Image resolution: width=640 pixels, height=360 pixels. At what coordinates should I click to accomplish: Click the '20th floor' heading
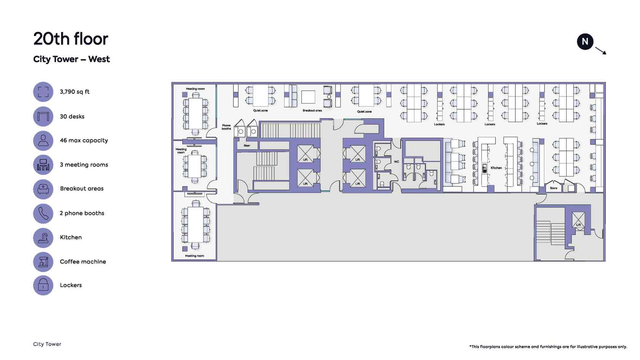pos(70,39)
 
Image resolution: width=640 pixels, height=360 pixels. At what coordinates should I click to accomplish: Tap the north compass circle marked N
pos(585,42)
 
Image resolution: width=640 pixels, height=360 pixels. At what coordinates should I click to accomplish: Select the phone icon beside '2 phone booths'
pos(43,213)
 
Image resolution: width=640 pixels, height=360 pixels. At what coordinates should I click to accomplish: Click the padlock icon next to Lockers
pos(43,285)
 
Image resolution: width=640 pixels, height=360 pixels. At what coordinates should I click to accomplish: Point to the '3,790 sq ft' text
pos(75,92)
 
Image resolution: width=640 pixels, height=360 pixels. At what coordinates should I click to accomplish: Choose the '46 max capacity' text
pos(84,140)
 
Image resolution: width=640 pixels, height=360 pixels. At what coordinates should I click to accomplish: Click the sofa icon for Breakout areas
pos(43,189)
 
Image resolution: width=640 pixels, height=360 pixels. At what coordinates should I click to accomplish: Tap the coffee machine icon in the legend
pos(43,262)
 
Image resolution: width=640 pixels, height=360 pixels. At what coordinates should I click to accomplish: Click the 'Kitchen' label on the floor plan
pos(496,168)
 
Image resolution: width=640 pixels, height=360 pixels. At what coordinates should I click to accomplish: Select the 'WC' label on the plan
pos(396,162)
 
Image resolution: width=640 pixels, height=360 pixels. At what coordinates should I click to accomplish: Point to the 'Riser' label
pos(247,146)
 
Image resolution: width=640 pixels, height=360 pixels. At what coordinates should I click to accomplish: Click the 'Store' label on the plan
pos(554,188)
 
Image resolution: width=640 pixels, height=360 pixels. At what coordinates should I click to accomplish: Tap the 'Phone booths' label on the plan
pos(226,127)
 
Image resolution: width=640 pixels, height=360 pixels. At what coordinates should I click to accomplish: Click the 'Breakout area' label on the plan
pos(312,110)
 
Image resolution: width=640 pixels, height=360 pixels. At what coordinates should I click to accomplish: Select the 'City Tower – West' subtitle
pos(72,59)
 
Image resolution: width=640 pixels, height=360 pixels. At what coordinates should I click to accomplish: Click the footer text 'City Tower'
pos(47,344)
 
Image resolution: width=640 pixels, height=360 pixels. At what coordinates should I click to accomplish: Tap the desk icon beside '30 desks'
pos(43,117)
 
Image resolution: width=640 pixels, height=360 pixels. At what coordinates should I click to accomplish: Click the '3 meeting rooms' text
pos(84,165)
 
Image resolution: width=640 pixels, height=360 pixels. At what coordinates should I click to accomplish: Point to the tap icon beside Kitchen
pos(43,238)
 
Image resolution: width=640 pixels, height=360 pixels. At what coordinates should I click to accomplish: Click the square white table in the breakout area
pos(308,97)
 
